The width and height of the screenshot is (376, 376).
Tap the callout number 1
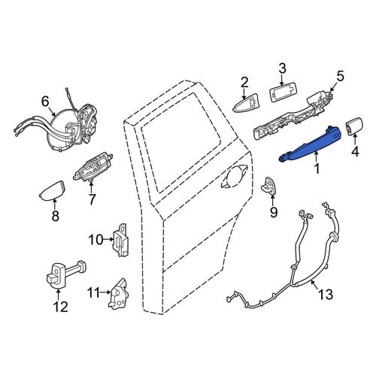coord(317,168)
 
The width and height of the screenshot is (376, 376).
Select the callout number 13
coord(326,294)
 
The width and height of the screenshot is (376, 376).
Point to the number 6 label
coord(45,102)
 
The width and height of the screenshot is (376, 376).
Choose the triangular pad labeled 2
coord(246,104)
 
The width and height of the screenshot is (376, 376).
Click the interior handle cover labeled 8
coord(53,190)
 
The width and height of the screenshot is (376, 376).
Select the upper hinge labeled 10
coord(121,241)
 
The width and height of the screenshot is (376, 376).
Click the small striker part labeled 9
coord(269,186)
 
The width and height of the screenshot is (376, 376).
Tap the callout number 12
coord(61,307)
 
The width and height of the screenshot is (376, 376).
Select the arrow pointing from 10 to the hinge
coord(108,239)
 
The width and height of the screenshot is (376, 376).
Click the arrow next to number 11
coord(105,292)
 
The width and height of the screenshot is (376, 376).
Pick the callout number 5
coord(341,76)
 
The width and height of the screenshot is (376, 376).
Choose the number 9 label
coord(274,212)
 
